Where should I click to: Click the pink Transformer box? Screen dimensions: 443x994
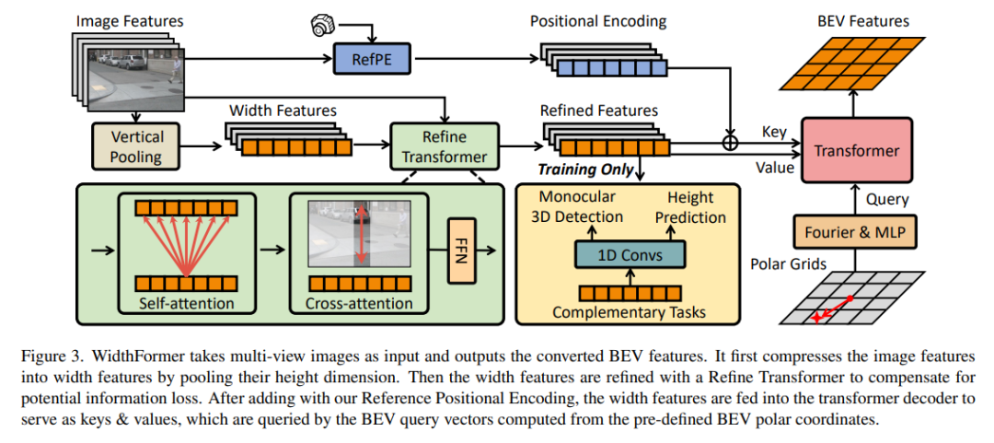[856, 151]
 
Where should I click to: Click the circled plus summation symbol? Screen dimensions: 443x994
[731, 143]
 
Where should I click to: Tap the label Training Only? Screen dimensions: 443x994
[585, 169]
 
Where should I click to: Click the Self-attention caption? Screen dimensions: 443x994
[186, 303]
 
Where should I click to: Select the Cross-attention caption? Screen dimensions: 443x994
[361, 303]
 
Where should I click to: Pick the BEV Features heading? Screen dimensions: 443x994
[863, 20]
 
